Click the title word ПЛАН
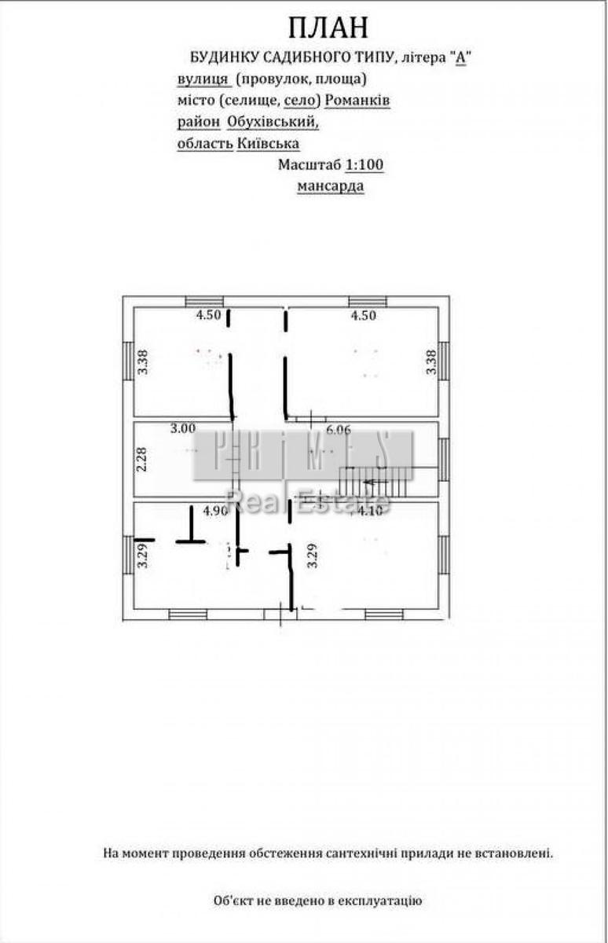click(x=328, y=28)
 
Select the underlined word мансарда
click(x=330, y=187)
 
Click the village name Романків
click(x=357, y=101)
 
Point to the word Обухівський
click(x=273, y=123)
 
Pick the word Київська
click(x=268, y=144)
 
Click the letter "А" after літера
click(x=462, y=57)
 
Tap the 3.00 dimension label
click(x=183, y=429)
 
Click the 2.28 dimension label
click(x=142, y=459)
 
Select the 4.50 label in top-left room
click(x=208, y=316)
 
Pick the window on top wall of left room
click(x=204, y=301)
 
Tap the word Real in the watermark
click(x=250, y=501)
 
